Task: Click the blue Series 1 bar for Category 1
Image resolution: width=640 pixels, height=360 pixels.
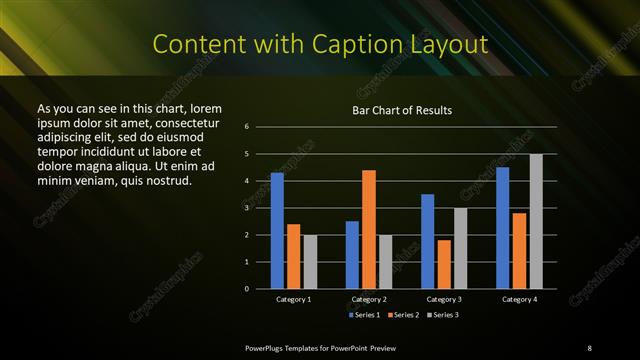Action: (x=277, y=231)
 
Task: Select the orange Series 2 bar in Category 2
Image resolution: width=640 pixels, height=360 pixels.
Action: (x=369, y=229)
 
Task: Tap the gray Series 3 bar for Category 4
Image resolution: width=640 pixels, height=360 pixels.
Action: (x=536, y=221)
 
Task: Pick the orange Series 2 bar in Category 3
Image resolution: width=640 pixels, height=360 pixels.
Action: (x=444, y=264)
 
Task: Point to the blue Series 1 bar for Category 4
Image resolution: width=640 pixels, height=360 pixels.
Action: (x=502, y=228)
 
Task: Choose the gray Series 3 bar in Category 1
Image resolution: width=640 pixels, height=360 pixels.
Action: (x=310, y=262)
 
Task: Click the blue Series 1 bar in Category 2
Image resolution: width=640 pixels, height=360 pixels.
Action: (x=352, y=255)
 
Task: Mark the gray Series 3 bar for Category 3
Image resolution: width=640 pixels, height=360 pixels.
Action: (x=461, y=248)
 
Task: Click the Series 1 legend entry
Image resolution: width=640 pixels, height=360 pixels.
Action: (x=365, y=315)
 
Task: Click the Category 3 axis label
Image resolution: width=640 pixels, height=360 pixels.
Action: (x=444, y=299)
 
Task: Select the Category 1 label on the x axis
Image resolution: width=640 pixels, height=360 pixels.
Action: (x=294, y=299)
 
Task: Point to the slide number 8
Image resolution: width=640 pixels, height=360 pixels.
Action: (x=589, y=347)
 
